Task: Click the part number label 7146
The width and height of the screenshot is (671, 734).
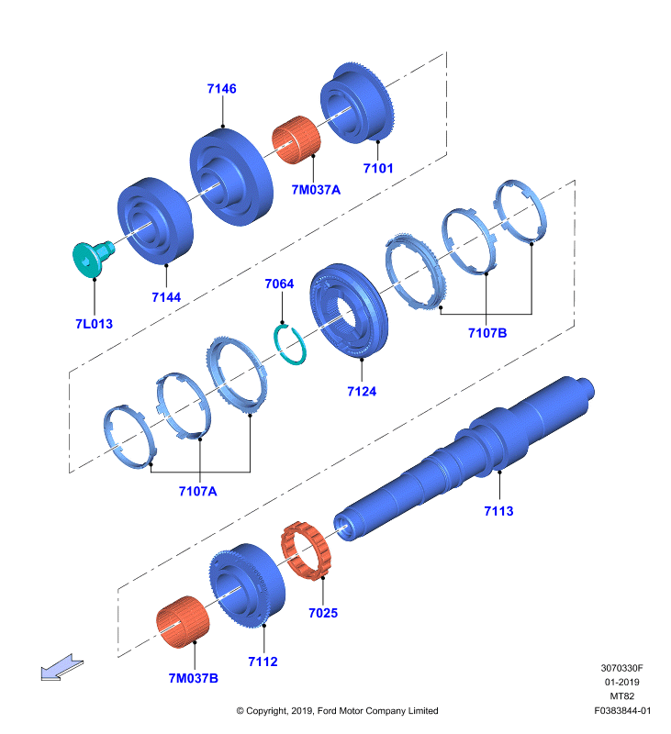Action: [221, 88]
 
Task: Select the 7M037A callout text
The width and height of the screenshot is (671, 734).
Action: [316, 190]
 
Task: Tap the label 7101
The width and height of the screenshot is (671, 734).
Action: [378, 168]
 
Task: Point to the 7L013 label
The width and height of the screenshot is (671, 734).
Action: [95, 324]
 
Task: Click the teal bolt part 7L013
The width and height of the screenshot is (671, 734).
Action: [93, 258]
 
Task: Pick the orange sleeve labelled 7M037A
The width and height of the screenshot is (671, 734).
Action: [296, 139]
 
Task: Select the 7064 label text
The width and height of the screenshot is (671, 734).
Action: [279, 284]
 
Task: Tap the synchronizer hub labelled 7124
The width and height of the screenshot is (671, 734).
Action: [349, 310]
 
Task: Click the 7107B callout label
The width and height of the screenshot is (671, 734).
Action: [487, 333]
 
